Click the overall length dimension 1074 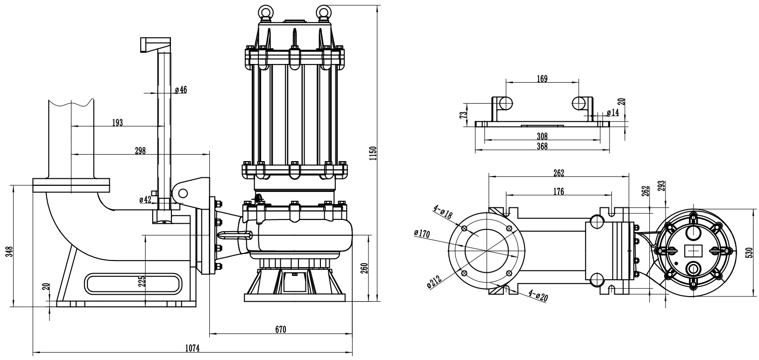[192, 347]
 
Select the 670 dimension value [280, 329]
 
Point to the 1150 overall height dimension [372, 153]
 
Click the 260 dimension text [365, 268]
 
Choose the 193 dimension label [117, 122]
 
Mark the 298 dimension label [140, 150]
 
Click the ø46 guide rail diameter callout [181, 90]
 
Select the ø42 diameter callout [145, 200]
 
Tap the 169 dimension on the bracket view [542, 78]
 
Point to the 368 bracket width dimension [542, 146]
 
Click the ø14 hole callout [612, 113]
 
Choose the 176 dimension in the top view [558, 191]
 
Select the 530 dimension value [750, 252]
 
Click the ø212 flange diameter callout [434, 282]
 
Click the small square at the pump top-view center [692, 251]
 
